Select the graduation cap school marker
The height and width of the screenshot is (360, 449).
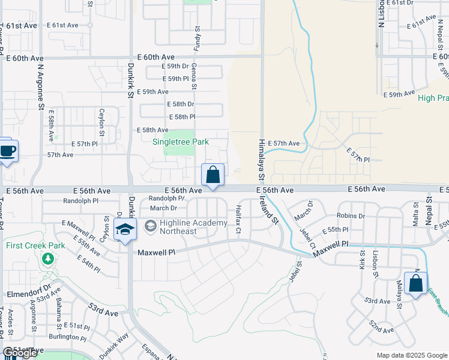tap(125, 230)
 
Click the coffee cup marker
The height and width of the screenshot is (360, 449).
tap(7, 151)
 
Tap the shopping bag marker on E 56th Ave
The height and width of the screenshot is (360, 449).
tap(213, 175)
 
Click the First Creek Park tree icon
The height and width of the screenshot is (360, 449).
tap(47, 259)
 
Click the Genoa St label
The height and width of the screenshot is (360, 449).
tap(194, 77)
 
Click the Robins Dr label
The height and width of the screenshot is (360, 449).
tap(351, 215)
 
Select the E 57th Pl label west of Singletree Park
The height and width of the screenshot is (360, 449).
tap(85, 144)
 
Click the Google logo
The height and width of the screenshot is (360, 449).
tap(20, 353)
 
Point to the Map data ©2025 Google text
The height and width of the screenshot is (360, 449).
tap(412, 355)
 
